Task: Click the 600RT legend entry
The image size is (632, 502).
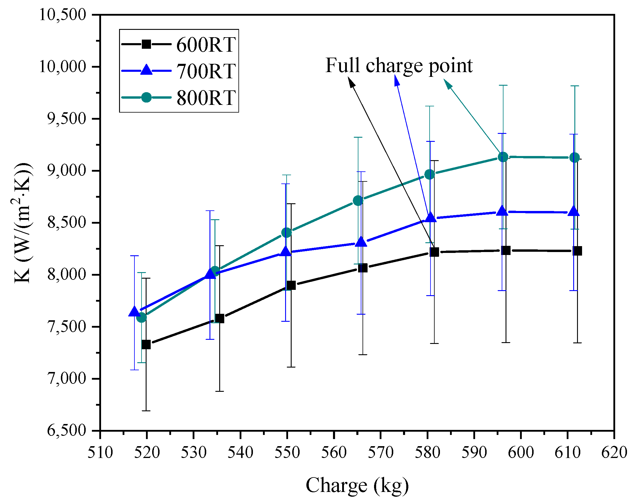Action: [x=206, y=45]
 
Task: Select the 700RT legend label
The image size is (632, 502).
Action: [x=206, y=72]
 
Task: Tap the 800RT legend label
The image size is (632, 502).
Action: [x=206, y=98]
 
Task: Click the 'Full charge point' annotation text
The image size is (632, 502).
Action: [x=399, y=65]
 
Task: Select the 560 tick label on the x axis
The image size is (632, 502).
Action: [x=334, y=453]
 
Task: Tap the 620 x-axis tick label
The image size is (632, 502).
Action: [x=614, y=453]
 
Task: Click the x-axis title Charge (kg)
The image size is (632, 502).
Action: [x=357, y=485]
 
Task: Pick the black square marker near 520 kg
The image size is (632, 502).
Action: [x=146, y=345]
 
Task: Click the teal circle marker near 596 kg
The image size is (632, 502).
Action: [x=503, y=157]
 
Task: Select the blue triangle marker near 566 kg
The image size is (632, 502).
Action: [x=361, y=242]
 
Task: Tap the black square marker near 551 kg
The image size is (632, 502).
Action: [x=291, y=285]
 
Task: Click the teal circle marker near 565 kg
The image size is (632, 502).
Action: [x=358, y=201]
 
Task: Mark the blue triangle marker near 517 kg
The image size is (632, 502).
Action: [x=134, y=311]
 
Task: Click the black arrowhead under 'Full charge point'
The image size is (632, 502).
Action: [x=351, y=82]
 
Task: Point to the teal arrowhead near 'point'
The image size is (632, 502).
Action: [x=448, y=84]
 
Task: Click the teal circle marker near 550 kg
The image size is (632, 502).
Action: [x=286, y=233]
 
